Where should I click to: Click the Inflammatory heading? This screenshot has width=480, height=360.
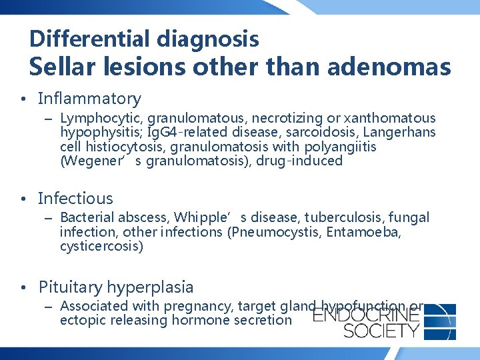[89, 99]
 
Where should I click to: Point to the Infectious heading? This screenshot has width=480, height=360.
[75, 198]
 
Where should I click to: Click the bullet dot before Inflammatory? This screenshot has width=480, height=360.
[23, 100]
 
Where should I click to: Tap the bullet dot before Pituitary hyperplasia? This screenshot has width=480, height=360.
[23, 288]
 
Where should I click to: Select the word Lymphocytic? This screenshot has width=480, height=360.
[96, 118]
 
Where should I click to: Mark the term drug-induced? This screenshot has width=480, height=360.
[307, 161]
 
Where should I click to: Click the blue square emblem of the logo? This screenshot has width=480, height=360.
[439, 321]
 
